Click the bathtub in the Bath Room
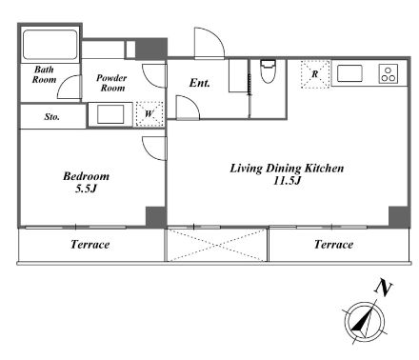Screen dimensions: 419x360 50,45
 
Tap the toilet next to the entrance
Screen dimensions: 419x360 268,71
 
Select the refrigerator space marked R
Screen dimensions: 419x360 315,74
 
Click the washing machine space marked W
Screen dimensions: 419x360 150,114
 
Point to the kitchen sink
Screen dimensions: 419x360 349,73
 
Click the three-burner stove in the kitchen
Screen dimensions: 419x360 389,74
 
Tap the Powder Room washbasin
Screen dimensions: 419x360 110,114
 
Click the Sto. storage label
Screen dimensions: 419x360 51,117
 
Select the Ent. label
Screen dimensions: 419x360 200,83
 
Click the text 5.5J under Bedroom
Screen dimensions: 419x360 86,189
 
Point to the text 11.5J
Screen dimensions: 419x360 287,181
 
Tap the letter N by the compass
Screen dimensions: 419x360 384,289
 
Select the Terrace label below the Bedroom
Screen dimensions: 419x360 90,245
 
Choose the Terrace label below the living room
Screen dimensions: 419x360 333,245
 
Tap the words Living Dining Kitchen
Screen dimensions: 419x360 287,169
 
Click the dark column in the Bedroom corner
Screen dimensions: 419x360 156,217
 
